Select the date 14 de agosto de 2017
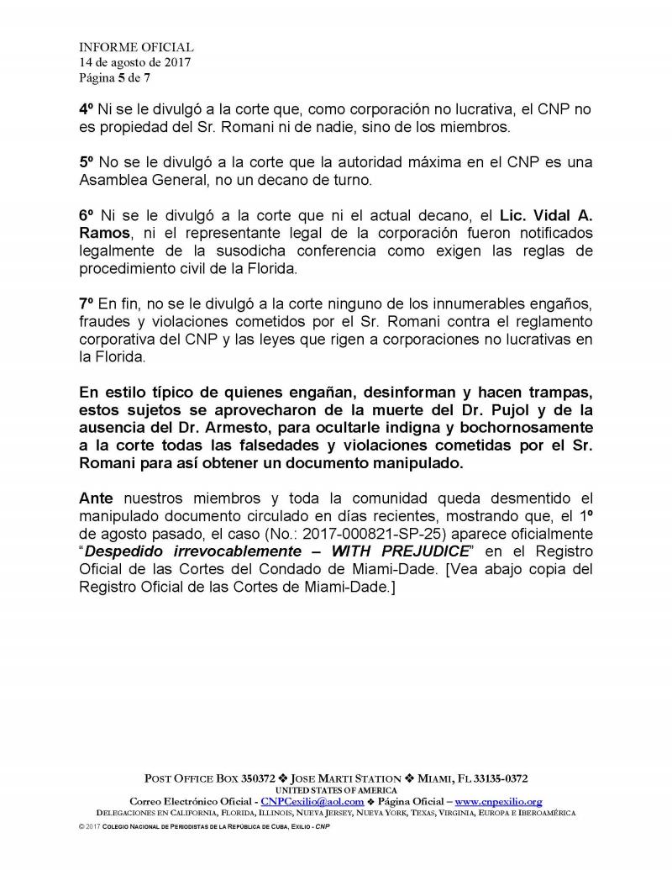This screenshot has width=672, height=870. click(x=135, y=63)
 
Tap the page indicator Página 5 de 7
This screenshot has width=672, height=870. click(x=115, y=78)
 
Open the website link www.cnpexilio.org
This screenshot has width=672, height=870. click(x=498, y=802)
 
